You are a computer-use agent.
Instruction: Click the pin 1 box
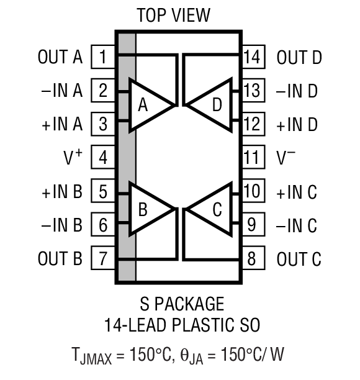103,58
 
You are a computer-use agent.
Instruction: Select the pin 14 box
251,58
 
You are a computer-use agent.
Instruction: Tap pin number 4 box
103,157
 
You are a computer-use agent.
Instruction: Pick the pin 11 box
251,157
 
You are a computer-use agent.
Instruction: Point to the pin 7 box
103,258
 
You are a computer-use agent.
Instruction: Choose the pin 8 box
251,258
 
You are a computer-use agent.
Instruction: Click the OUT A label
60,58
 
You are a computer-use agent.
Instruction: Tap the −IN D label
296,91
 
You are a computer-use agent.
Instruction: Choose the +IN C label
296,191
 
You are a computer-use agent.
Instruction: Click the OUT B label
60,258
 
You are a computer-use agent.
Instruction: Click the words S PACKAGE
179,304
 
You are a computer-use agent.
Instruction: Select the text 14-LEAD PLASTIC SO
179,324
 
